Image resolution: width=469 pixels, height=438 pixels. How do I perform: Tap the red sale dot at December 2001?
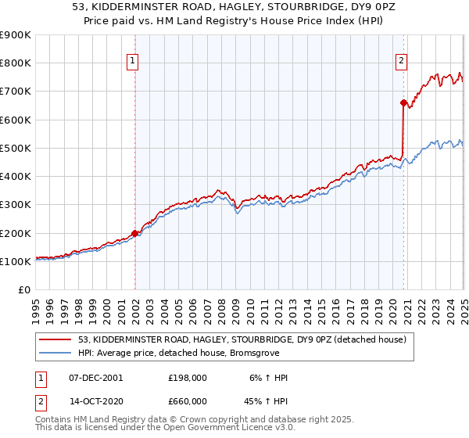click(134, 233)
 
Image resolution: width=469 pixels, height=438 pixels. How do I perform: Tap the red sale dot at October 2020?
click(403, 102)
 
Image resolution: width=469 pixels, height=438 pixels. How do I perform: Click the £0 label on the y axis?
click(23, 290)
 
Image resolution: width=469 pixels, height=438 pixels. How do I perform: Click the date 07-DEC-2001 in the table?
click(96, 377)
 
